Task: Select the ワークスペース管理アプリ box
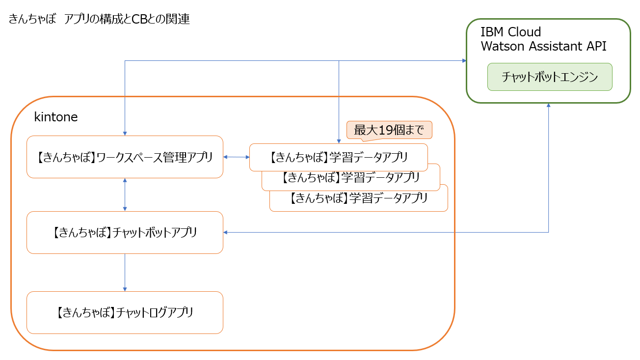pos(125,157)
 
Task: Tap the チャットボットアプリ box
pos(125,232)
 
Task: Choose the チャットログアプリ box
pos(125,312)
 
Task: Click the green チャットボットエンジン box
pos(549,77)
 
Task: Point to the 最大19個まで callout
pos(389,130)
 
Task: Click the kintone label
pos(55,117)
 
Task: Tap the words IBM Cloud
pos(510,32)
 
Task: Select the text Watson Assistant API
pos(543,46)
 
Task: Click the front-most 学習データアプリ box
pos(339,157)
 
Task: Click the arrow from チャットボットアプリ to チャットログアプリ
pos(125,273)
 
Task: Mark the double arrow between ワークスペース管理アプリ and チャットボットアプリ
pos(125,194)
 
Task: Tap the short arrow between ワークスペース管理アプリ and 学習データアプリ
pos(237,157)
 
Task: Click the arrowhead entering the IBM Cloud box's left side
pos(464,60)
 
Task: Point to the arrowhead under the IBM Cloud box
pos(548,106)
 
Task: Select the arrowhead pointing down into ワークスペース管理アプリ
pos(125,133)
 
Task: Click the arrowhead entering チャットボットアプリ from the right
pos(226,232)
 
